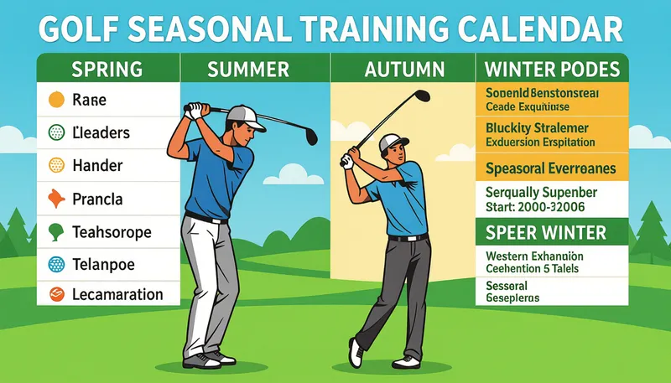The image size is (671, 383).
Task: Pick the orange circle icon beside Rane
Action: tap(56, 101)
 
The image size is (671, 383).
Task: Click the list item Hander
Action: tap(98, 165)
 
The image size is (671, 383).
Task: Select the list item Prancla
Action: tap(98, 199)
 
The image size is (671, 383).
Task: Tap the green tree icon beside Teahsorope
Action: tap(56, 230)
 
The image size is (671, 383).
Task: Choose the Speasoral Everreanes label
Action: tap(550, 168)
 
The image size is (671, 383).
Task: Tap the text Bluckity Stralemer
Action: tap(537, 128)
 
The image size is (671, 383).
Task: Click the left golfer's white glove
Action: tap(194, 110)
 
